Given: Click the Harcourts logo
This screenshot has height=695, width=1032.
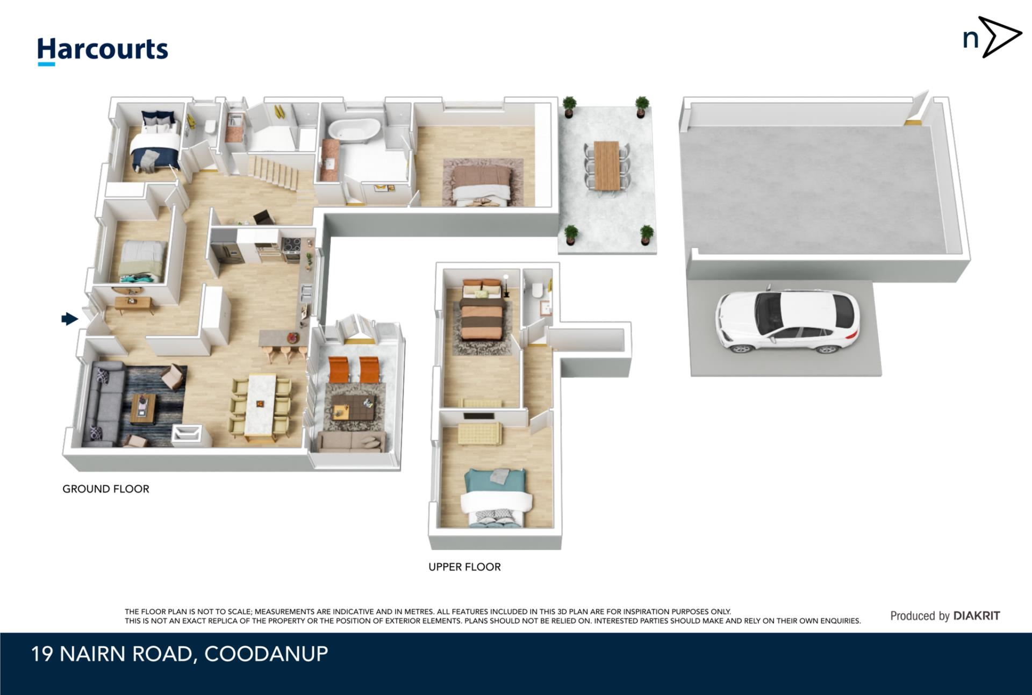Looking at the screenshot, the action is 102,51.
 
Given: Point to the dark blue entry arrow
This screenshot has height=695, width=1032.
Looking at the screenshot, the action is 70,319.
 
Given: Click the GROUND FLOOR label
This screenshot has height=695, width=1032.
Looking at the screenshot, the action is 106,489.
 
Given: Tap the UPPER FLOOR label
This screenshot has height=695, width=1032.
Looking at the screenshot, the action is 464,567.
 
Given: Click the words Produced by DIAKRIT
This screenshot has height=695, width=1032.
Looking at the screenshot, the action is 945,616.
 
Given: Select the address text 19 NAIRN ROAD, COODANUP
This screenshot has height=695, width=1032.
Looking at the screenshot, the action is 180,654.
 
